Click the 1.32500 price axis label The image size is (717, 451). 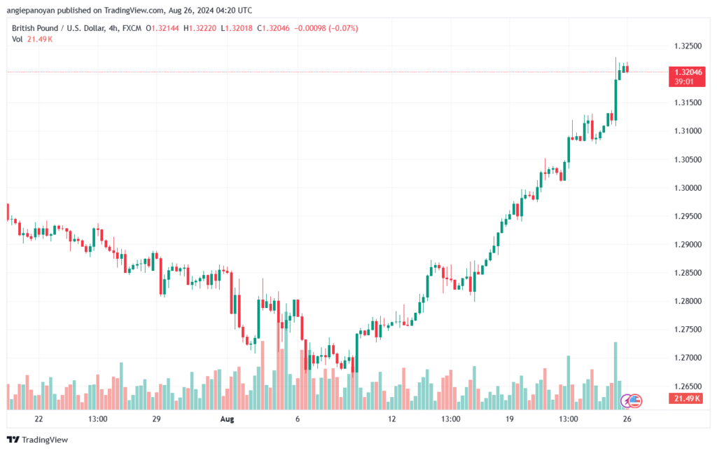point(688,46)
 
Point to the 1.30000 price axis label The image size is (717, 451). point(688,187)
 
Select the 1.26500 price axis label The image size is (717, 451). point(688,386)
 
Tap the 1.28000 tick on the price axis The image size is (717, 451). point(688,301)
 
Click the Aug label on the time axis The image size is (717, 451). point(226,419)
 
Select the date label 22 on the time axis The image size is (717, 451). point(39,419)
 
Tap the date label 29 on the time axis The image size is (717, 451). point(156,419)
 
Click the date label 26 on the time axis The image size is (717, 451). point(627,419)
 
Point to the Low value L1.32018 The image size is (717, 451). point(237,27)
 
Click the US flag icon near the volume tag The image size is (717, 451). point(634,400)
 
